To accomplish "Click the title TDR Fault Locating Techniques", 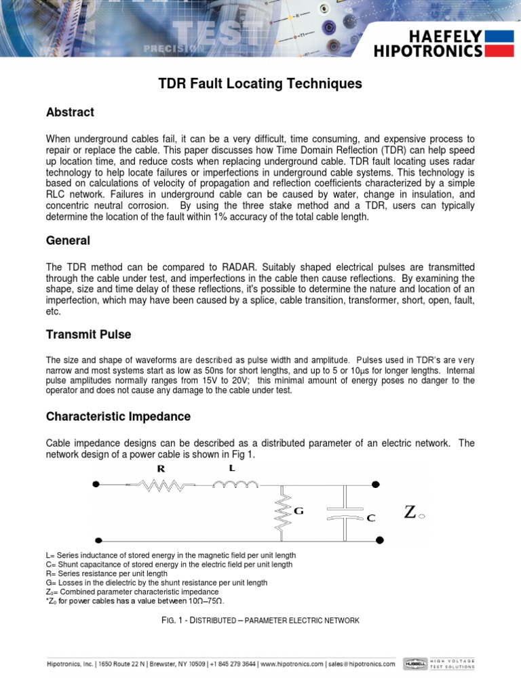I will point(260,84).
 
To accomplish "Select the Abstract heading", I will point(70,112).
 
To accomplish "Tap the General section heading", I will point(68,241).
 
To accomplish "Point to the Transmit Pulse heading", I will point(88,334).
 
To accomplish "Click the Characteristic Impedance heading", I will point(118,416).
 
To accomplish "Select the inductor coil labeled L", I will point(235,484).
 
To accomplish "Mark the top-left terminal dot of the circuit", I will point(97,485).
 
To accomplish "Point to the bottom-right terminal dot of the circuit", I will point(379,540).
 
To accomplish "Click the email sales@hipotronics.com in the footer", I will point(363,664).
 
